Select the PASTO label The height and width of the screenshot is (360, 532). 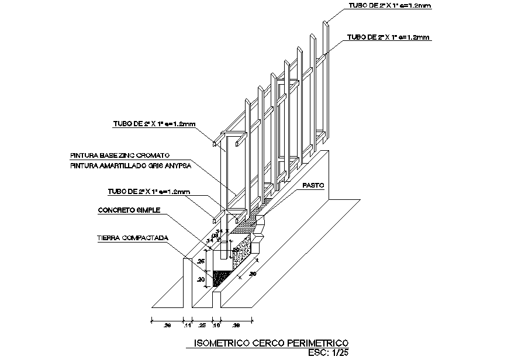(x=313, y=185)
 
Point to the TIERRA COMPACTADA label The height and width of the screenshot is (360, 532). (x=133, y=238)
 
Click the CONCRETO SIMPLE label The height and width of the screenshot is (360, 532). (x=129, y=210)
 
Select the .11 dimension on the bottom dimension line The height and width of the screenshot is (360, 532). (x=188, y=325)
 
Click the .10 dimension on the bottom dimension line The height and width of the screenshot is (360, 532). (x=216, y=325)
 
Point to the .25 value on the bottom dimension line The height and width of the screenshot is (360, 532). (x=202, y=325)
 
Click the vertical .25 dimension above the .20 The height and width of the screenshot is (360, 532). (x=202, y=261)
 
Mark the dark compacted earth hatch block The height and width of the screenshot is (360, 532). (x=220, y=278)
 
